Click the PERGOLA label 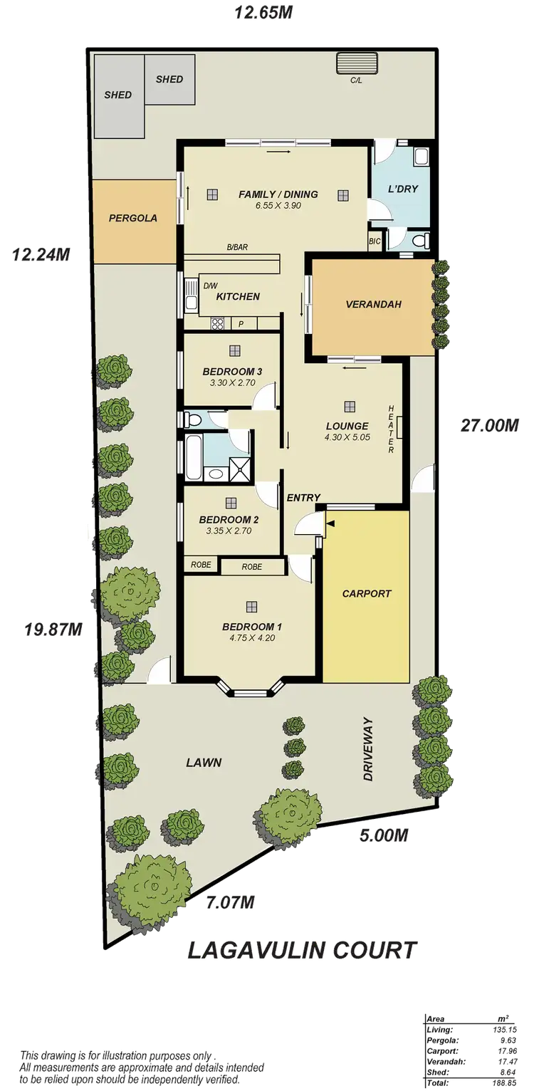pyautogui.click(x=132, y=219)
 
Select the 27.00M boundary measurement pyautogui.click(x=491, y=425)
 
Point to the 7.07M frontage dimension pyautogui.click(x=230, y=903)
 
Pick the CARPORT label pyautogui.click(x=367, y=593)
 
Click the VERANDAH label pyautogui.click(x=374, y=304)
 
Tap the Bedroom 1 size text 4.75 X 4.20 pyautogui.click(x=252, y=638)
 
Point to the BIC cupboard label pyautogui.click(x=375, y=242)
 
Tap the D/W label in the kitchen pyautogui.click(x=210, y=286)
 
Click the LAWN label pyautogui.click(x=204, y=763)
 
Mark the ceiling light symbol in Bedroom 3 pyautogui.click(x=234, y=350)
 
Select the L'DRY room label pyautogui.click(x=402, y=189)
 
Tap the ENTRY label pyautogui.click(x=303, y=498)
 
